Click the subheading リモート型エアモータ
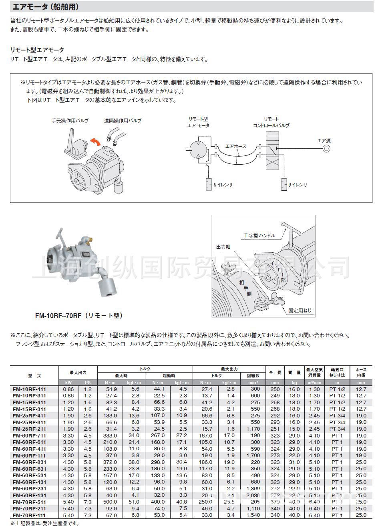(37, 50)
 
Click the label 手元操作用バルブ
(70, 120)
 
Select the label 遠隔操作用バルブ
(123, 120)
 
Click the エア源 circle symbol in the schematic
(327, 149)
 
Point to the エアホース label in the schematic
(236, 147)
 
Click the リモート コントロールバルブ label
(271, 122)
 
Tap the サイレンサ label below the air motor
(223, 185)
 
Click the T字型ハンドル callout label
(260, 236)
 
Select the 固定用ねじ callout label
(300, 310)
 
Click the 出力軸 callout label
(223, 247)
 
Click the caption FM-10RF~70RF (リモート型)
(78, 316)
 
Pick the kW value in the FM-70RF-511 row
(68, 502)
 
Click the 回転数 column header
(253, 376)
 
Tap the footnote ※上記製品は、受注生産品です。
(45, 523)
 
